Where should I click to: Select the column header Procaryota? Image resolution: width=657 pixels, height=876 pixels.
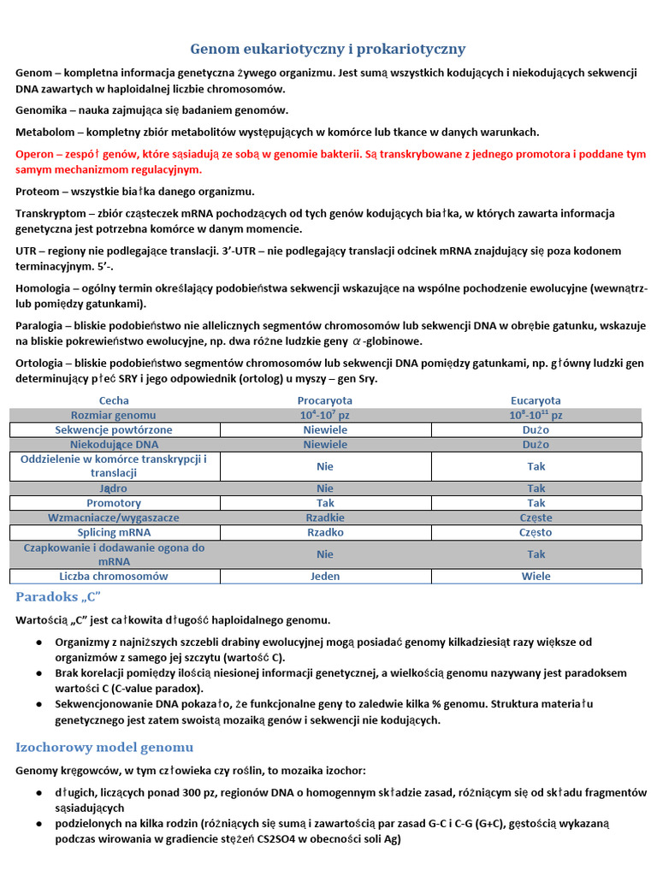[325, 400]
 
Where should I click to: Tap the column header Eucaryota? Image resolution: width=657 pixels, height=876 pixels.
[536, 400]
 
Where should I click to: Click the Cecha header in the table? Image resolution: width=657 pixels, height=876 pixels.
[115, 400]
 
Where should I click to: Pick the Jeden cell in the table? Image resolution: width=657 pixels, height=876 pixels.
[325, 577]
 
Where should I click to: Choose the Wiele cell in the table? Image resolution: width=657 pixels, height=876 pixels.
[536, 577]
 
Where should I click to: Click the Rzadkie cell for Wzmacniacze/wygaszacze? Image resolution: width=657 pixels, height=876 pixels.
[325, 518]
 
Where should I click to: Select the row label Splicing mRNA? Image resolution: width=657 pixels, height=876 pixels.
[115, 532]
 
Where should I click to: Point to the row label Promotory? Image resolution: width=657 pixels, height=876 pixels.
[115, 503]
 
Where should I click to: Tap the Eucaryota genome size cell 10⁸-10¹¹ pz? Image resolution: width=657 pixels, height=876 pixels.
[536, 415]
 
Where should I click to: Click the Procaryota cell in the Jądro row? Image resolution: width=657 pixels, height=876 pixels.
[325, 488]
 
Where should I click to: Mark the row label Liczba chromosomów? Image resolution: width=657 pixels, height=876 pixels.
[115, 577]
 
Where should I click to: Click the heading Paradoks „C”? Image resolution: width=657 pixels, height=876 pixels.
[58, 596]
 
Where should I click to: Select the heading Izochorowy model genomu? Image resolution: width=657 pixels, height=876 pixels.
[104, 747]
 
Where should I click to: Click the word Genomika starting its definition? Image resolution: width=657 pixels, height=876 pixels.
[43, 109]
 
